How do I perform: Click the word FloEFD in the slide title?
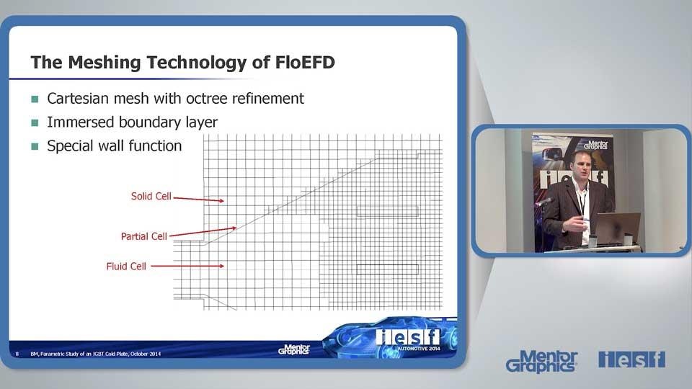pos(305,62)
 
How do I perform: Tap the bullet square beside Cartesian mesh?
pos(35,99)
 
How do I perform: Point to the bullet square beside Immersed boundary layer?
pos(35,122)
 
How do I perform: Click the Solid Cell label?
pos(151,196)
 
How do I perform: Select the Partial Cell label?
pos(144,236)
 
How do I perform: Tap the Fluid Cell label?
pos(126,267)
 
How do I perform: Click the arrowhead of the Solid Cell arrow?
pos(221,201)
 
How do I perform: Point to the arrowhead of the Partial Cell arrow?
pos(234,228)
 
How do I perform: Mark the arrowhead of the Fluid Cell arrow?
pos(221,266)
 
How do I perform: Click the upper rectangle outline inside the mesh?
pos(388,207)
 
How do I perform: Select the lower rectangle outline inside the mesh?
pos(388,265)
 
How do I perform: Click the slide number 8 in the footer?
pos(17,354)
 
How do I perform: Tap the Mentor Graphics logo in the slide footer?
pos(294,349)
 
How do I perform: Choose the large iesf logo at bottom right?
pos(631,359)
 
